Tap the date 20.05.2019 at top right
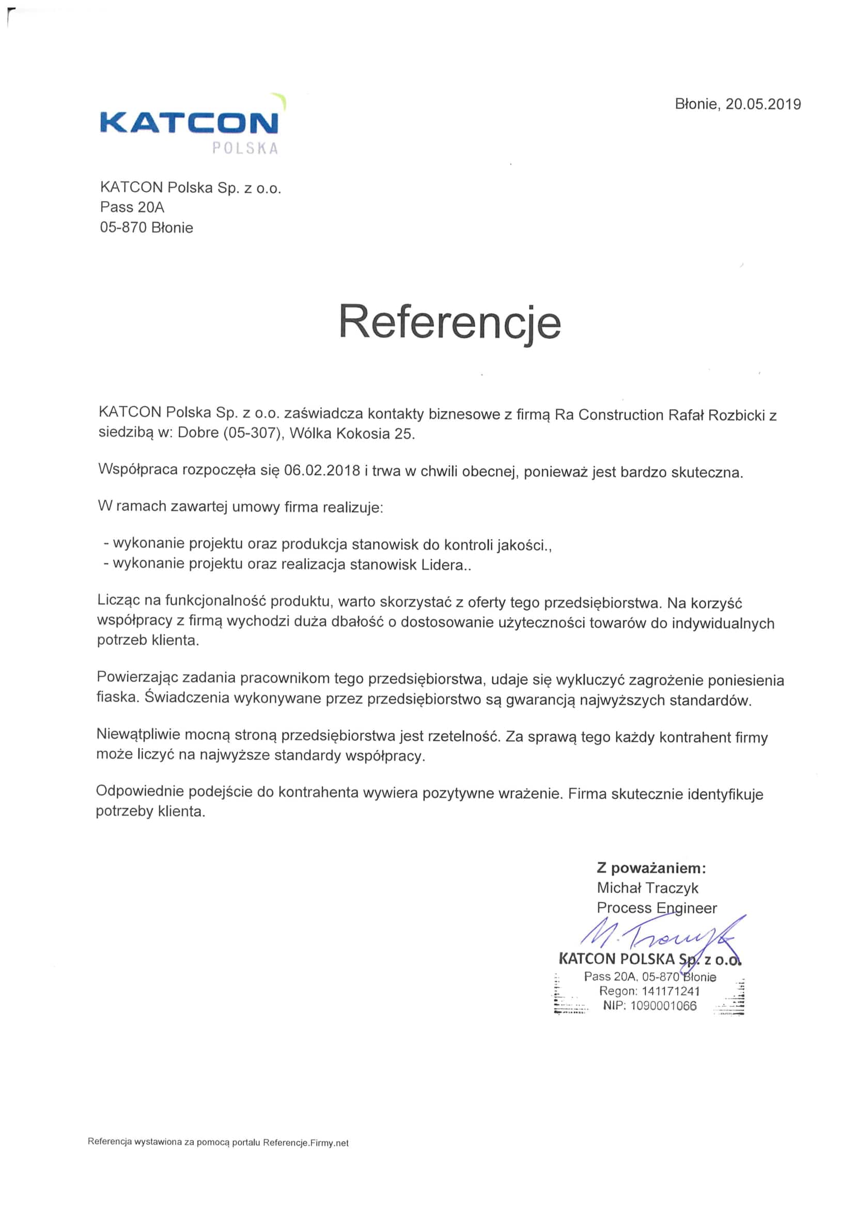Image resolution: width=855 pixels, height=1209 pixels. click(763, 104)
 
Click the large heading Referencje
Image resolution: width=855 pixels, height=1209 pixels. click(449, 322)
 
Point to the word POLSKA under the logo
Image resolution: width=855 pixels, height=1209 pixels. click(245, 148)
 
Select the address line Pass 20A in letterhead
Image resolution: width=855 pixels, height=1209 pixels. click(132, 208)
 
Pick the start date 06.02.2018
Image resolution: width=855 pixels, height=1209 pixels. click(322, 470)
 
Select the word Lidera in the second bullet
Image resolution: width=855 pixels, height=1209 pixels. click(442, 565)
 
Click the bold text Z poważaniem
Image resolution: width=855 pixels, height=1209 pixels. click(651, 867)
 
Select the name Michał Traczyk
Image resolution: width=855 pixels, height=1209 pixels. click(647, 888)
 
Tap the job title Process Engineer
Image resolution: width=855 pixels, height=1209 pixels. click(657, 908)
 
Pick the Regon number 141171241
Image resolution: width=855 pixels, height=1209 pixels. click(670, 990)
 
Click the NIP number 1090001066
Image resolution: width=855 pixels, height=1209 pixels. click(663, 1006)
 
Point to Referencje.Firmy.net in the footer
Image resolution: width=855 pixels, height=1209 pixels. click(305, 1143)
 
